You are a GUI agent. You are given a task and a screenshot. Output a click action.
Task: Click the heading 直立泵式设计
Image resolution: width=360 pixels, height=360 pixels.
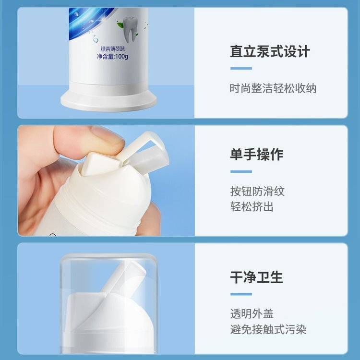point(270,51)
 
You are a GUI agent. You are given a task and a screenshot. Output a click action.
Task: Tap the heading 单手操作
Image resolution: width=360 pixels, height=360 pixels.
point(257,154)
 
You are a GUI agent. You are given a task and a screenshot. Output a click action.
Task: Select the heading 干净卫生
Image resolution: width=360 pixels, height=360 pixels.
point(257,277)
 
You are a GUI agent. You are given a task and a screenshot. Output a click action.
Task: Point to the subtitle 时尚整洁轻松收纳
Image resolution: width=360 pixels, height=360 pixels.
point(273,88)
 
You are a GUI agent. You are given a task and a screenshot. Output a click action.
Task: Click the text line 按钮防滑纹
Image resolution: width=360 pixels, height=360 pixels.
point(257,191)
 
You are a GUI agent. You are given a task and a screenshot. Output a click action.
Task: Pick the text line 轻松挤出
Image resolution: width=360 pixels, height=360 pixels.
point(252,206)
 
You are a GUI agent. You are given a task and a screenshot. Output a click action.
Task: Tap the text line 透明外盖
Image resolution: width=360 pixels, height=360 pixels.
point(252,314)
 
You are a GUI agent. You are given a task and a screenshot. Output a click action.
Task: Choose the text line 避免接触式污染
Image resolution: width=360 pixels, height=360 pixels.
point(268,329)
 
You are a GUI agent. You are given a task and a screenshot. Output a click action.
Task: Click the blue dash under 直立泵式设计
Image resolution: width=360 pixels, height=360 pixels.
point(241,68)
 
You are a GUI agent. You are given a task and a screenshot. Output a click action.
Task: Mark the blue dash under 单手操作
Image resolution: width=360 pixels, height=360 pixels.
point(241,171)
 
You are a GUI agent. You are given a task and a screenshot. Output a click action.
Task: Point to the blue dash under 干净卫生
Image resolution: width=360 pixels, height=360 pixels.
point(241,294)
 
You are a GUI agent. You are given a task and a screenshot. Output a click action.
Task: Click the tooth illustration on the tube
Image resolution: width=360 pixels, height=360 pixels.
point(130,30)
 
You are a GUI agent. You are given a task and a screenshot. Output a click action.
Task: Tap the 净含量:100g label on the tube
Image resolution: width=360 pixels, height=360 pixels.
point(112,57)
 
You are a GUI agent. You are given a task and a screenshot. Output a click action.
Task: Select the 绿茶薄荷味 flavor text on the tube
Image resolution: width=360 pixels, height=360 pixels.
point(113,48)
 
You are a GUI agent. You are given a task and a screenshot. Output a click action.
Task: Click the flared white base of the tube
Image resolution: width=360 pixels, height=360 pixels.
point(108,100)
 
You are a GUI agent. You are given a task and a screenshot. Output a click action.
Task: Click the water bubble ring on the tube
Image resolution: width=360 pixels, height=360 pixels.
point(96,40)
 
